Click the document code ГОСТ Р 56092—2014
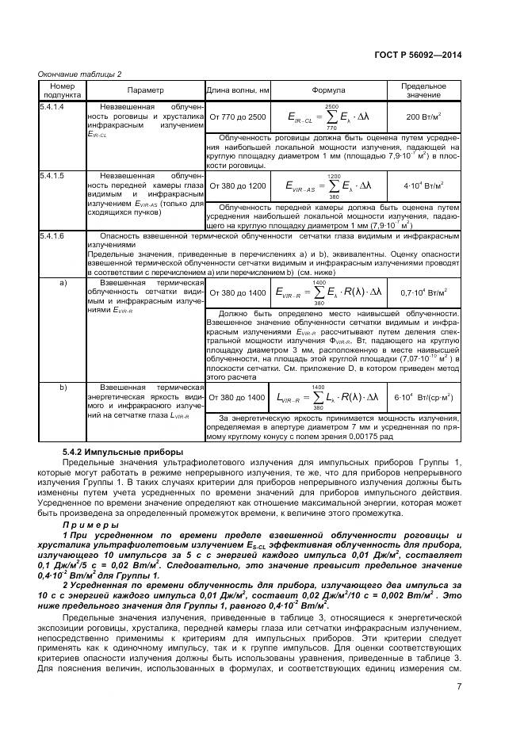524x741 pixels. pyautogui.click(x=418, y=55)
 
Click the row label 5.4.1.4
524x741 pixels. pyautogui.click(x=52, y=106)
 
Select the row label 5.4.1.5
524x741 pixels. pyautogui.click(x=52, y=173)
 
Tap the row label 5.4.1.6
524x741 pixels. pyautogui.click(x=52, y=236)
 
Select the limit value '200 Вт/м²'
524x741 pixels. pyautogui.click(x=423, y=117)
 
